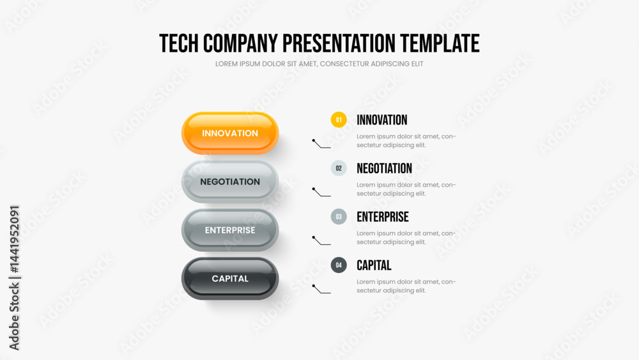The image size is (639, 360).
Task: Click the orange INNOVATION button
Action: [230, 133]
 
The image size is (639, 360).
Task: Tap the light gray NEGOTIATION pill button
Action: [230, 182]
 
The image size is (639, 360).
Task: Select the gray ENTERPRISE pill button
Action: [230, 230]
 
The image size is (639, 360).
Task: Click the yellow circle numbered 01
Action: [339, 120]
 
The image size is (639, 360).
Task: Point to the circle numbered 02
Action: [339, 168]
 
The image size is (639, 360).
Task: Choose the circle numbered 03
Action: [339, 217]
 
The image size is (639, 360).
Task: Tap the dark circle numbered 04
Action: [339, 265]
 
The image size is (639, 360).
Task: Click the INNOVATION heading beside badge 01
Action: [382, 120]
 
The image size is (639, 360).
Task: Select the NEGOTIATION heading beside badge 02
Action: [384, 168]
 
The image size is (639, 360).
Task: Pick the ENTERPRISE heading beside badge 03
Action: [383, 217]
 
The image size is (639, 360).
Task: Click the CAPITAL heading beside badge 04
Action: [374, 265]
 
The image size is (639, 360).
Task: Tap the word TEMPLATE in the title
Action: [440, 43]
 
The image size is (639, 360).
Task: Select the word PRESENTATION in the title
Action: [339, 43]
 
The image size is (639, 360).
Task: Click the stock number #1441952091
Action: [15, 239]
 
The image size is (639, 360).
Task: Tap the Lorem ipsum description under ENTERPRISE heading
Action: [406, 238]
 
